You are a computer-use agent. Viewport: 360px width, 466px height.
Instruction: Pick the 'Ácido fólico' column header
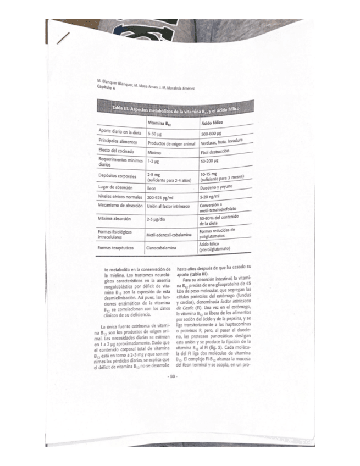(x=212, y=123)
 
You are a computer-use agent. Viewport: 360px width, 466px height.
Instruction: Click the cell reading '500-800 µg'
(x=211, y=134)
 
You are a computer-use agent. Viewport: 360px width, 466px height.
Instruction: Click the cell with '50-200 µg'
(x=210, y=162)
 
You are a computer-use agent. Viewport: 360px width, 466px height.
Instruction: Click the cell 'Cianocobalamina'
(x=162, y=248)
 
